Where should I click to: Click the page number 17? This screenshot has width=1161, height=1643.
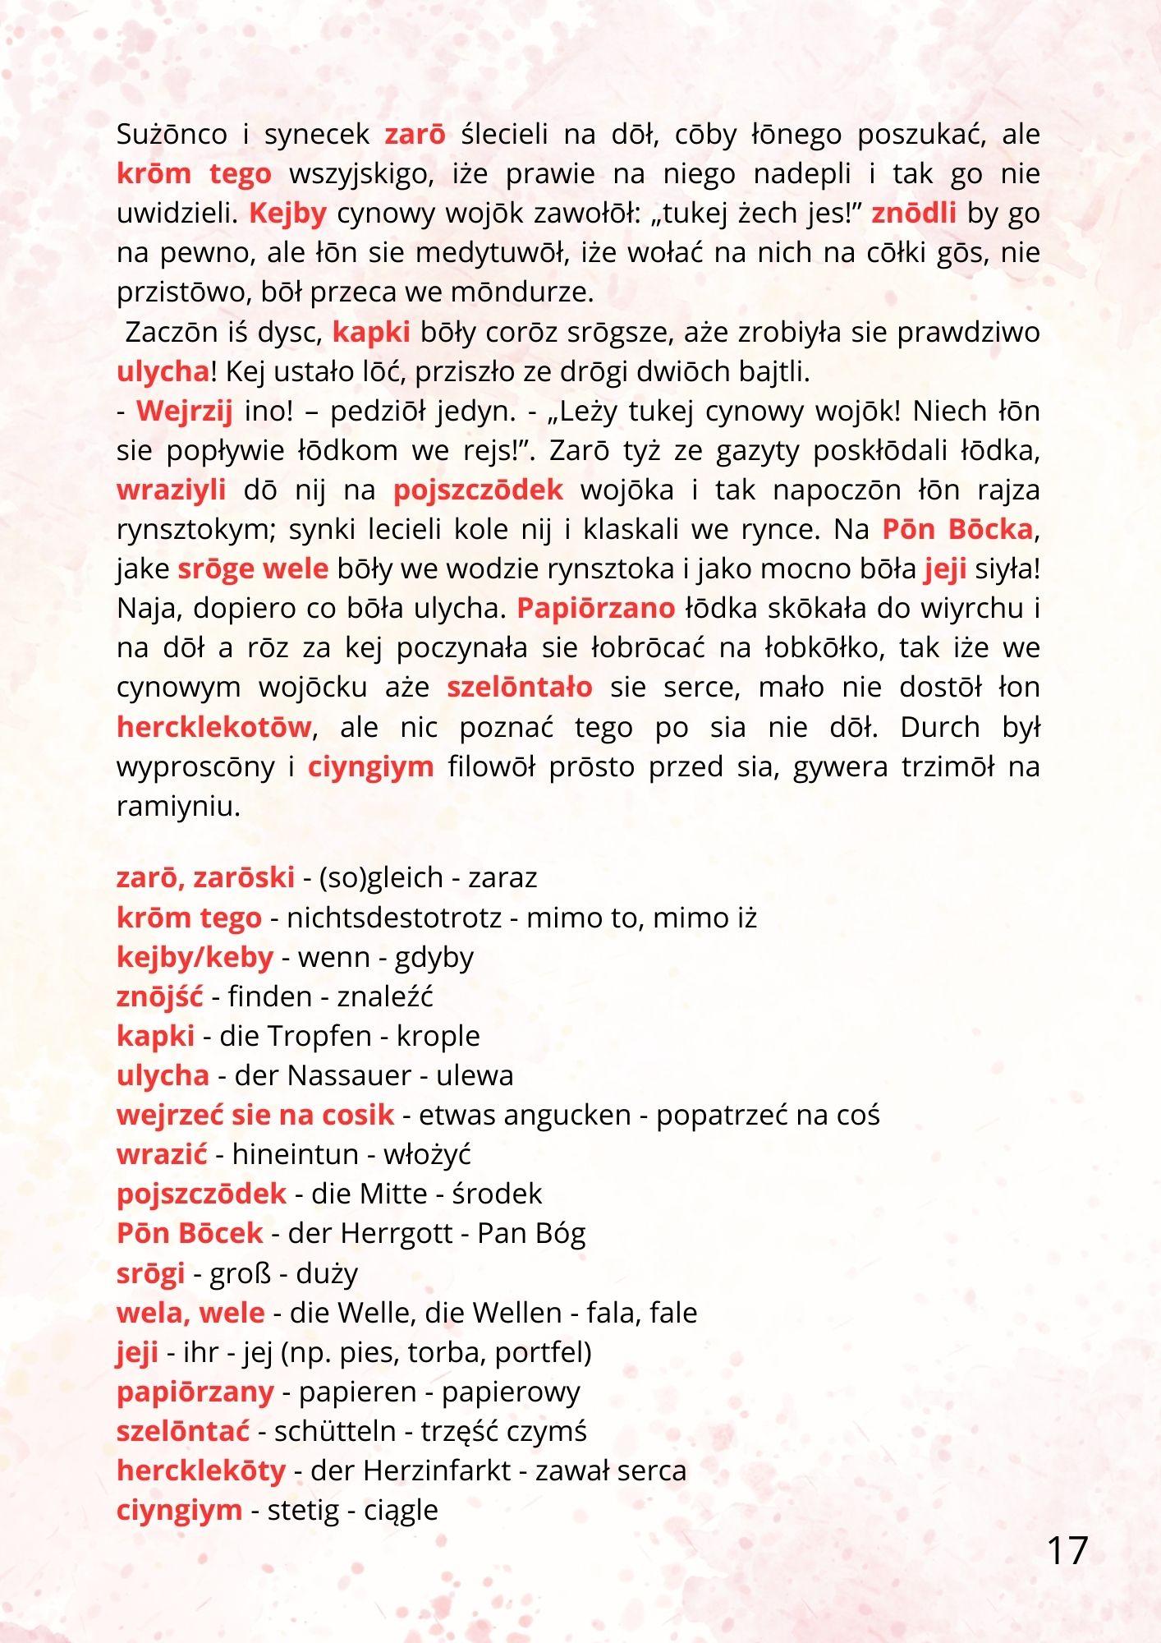point(1067,1551)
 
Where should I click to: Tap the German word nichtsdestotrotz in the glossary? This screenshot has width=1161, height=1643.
point(394,918)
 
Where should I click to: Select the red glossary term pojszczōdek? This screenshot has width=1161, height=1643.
point(201,1194)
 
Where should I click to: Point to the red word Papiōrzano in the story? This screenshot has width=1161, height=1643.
point(595,609)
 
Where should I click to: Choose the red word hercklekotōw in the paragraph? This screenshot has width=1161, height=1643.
point(214,727)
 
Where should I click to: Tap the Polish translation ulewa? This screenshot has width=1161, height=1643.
point(475,1075)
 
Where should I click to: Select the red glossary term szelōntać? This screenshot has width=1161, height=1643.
point(183,1430)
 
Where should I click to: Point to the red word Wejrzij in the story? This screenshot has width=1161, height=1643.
point(185,411)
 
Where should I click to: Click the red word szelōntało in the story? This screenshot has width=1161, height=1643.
point(519,688)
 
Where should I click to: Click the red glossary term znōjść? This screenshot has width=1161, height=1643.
point(159,996)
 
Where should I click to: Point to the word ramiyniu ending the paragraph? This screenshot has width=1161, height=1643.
point(178,807)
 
